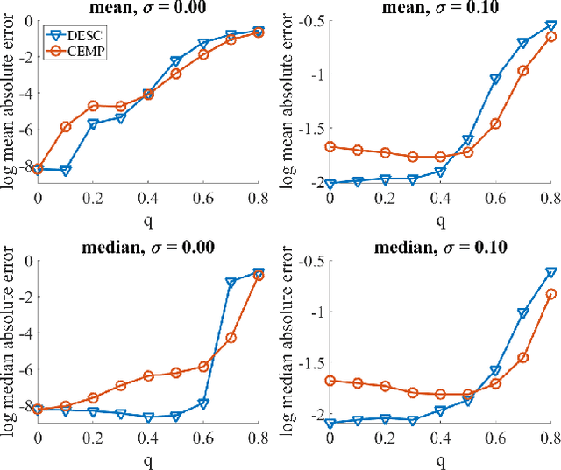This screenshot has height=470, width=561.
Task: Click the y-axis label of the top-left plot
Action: [x=8, y=105]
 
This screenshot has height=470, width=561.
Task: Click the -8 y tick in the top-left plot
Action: [x=25, y=165]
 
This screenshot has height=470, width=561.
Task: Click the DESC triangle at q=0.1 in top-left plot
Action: [x=65, y=171]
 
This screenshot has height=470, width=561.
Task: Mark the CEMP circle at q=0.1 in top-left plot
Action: [x=65, y=127]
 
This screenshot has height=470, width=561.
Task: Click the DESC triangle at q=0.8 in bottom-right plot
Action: [x=551, y=273]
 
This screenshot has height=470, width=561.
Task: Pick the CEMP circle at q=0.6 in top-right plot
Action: [x=495, y=123]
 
